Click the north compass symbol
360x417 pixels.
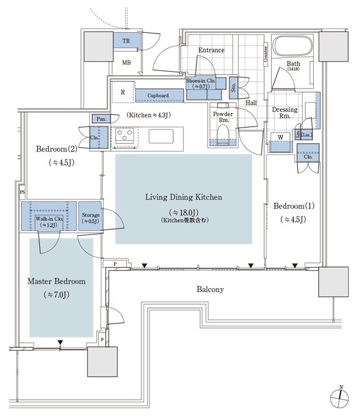(340, 399)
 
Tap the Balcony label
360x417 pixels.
(210, 289)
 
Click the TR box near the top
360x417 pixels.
(126, 42)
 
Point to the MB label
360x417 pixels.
(126, 63)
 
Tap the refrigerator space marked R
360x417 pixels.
(123, 93)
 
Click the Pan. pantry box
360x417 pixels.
(101, 119)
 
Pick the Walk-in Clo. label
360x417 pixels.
(49, 218)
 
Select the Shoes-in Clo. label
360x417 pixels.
(200, 83)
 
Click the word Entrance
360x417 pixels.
(211, 50)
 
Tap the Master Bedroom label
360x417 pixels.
(56, 281)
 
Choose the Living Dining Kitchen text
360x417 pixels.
(184, 197)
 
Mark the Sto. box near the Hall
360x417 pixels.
(233, 88)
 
